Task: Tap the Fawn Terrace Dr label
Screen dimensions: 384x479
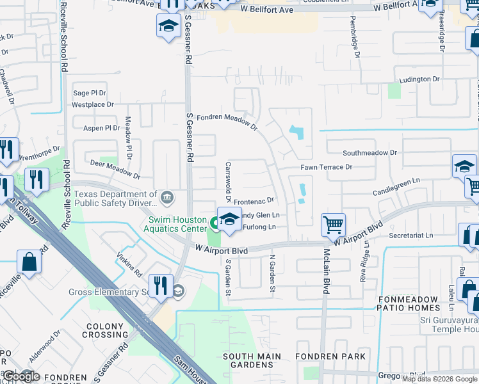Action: (x=327, y=167)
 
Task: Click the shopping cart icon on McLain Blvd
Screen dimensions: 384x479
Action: (x=333, y=225)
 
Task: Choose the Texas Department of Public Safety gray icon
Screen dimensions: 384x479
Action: (x=167, y=196)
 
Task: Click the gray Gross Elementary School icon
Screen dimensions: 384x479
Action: (x=178, y=291)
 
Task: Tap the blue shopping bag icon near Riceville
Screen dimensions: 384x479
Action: (x=29, y=261)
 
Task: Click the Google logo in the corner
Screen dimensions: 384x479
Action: (x=20, y=376)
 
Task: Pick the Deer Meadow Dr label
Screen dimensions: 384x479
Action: (x=115, y=170)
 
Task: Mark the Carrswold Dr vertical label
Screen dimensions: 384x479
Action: (x=228, y=180)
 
